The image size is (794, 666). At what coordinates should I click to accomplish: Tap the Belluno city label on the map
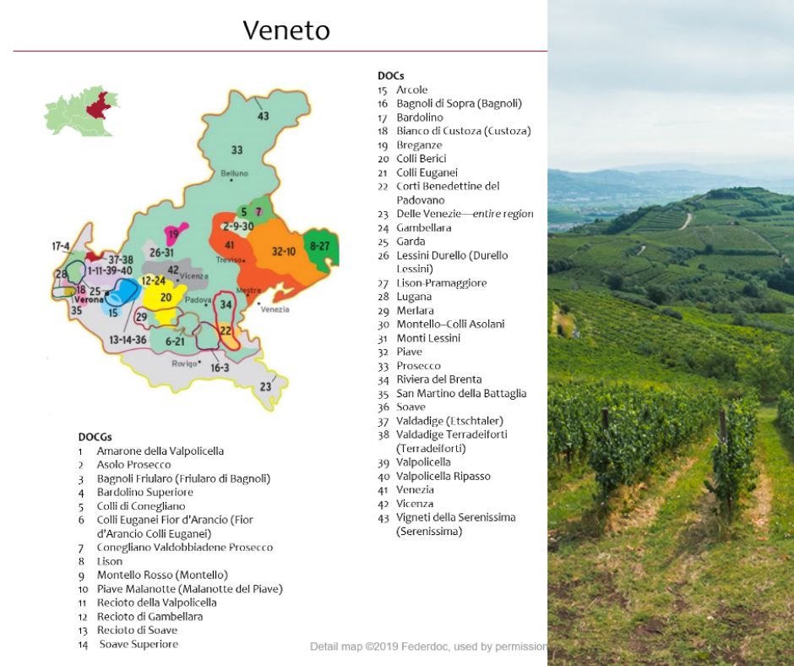234,173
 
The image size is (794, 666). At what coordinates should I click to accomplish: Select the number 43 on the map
264,116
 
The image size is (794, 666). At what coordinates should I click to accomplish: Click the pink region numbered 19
175,233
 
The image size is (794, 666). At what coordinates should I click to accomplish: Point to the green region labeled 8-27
319,246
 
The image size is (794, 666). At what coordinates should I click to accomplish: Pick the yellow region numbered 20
166,298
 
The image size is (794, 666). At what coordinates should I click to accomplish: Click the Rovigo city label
184,363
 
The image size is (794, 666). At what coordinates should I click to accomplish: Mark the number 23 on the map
265,386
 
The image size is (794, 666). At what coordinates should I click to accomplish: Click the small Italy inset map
81,111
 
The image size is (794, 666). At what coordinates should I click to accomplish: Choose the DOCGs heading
95,437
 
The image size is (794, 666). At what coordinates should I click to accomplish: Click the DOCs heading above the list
390,75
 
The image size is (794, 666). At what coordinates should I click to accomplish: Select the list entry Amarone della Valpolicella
160,450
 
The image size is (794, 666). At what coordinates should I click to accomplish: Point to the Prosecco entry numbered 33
418,365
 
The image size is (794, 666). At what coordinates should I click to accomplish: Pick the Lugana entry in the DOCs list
414,297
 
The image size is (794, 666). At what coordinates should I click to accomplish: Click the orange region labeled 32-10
283,251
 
